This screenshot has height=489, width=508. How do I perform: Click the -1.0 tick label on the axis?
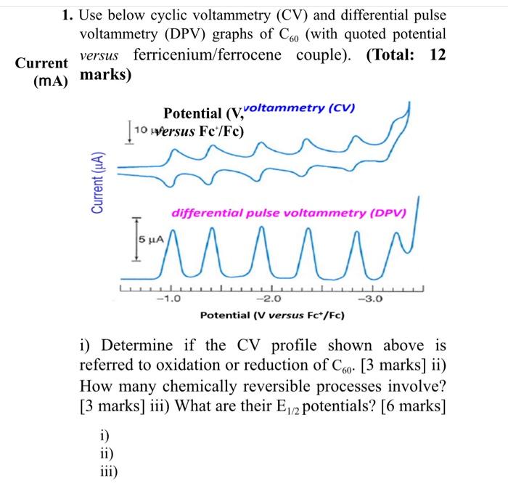(171, 297)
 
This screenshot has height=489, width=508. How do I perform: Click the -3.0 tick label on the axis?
(364, 297)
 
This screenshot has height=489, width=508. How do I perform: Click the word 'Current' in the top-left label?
(41, 64)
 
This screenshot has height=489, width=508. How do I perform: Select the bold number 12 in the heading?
(438, 54)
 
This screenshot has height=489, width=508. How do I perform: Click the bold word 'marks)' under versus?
(106, 75)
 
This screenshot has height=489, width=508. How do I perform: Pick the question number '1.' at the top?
(67, 15)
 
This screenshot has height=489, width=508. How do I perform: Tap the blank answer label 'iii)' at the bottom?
(107, 470)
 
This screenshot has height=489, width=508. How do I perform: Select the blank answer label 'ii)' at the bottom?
(105, 453)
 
